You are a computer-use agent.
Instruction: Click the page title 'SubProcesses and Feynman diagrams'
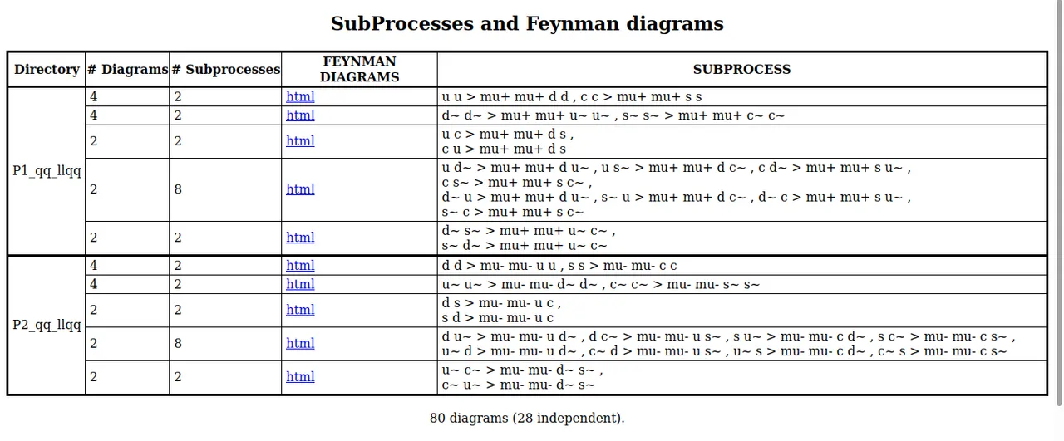coord(527,24)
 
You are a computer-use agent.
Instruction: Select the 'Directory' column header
coord(47,69)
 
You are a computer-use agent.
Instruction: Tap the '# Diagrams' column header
coord(127,69)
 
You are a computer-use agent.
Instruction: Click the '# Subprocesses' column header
coord(225,69)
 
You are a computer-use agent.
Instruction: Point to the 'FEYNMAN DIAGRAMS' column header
coord(359,69)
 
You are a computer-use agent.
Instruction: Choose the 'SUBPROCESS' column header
coord(741,69)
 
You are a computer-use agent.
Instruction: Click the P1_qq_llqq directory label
coord(47,171)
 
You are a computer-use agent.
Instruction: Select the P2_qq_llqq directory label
coord(47,326)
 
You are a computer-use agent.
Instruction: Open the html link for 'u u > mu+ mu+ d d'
coord(300,97)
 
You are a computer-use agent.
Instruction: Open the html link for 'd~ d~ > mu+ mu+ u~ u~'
coord(300,115)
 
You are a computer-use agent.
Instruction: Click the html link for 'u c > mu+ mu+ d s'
coord(300,141)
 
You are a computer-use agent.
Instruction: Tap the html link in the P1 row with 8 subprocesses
coord(300,189)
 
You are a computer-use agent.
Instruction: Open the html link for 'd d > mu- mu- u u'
coord(300,266)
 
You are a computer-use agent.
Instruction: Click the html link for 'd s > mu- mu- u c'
coord(300,310)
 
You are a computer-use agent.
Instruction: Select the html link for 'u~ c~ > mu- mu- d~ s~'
coord(300,377)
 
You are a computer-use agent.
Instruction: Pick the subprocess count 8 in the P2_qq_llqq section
coord(178,344)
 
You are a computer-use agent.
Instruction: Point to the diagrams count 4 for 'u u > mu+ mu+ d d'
coord(94,97)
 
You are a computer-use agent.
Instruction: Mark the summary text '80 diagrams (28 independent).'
coord(527,419)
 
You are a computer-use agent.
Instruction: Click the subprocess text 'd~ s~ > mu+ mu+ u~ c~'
coord(525,231)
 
